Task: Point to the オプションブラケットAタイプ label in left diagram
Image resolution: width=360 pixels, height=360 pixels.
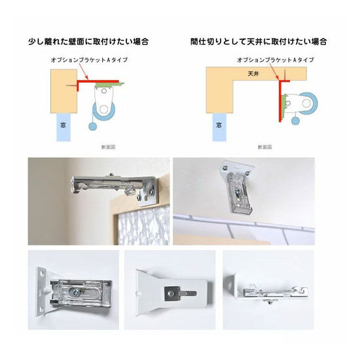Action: click(89, 60)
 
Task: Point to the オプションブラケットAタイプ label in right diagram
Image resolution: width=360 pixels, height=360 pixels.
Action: click(276, 60)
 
